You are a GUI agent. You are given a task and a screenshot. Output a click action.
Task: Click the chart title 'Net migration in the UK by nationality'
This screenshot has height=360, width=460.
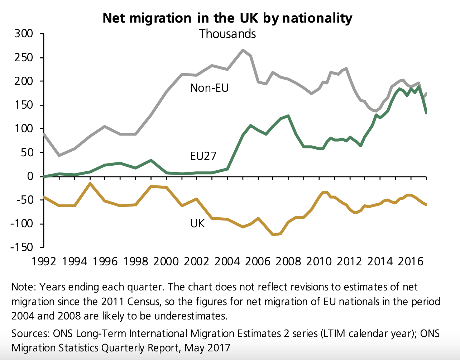pos(227,18)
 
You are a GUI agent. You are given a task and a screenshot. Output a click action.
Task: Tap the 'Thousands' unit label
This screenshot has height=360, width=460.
pos(227,34)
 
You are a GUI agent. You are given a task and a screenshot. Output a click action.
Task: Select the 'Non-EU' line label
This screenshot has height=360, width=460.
pos(209,88)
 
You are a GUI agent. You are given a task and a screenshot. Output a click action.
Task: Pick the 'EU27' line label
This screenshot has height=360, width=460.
pos(203,156)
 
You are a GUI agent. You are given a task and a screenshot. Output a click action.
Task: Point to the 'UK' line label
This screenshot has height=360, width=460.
pos(197,224)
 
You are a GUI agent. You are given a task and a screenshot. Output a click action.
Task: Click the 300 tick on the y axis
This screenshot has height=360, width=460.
pos(24,34)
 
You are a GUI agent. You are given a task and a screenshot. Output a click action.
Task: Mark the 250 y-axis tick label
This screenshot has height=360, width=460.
pos(24,58)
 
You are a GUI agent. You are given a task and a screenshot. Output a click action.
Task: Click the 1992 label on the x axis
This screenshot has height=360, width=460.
pos(44,261)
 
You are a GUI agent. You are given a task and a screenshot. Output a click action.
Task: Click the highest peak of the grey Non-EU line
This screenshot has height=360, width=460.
pos(243,50)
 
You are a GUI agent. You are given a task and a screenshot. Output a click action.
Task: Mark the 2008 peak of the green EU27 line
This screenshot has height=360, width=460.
pos(288,116)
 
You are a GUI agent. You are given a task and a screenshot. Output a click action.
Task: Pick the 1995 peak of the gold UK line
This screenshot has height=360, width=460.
pos(90,184)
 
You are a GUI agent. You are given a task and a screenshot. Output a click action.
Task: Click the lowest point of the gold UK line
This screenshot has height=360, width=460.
pos(273,235)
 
